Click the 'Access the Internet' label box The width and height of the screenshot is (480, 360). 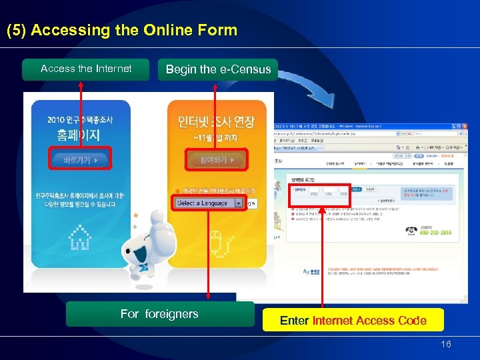85,69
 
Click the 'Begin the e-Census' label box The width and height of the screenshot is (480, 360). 218,69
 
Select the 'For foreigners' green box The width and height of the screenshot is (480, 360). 159,314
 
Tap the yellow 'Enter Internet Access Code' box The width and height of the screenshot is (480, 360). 353,321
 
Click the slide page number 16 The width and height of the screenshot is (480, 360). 446,344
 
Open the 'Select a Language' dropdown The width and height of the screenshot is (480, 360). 238,203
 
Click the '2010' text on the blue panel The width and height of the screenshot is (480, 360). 56,120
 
